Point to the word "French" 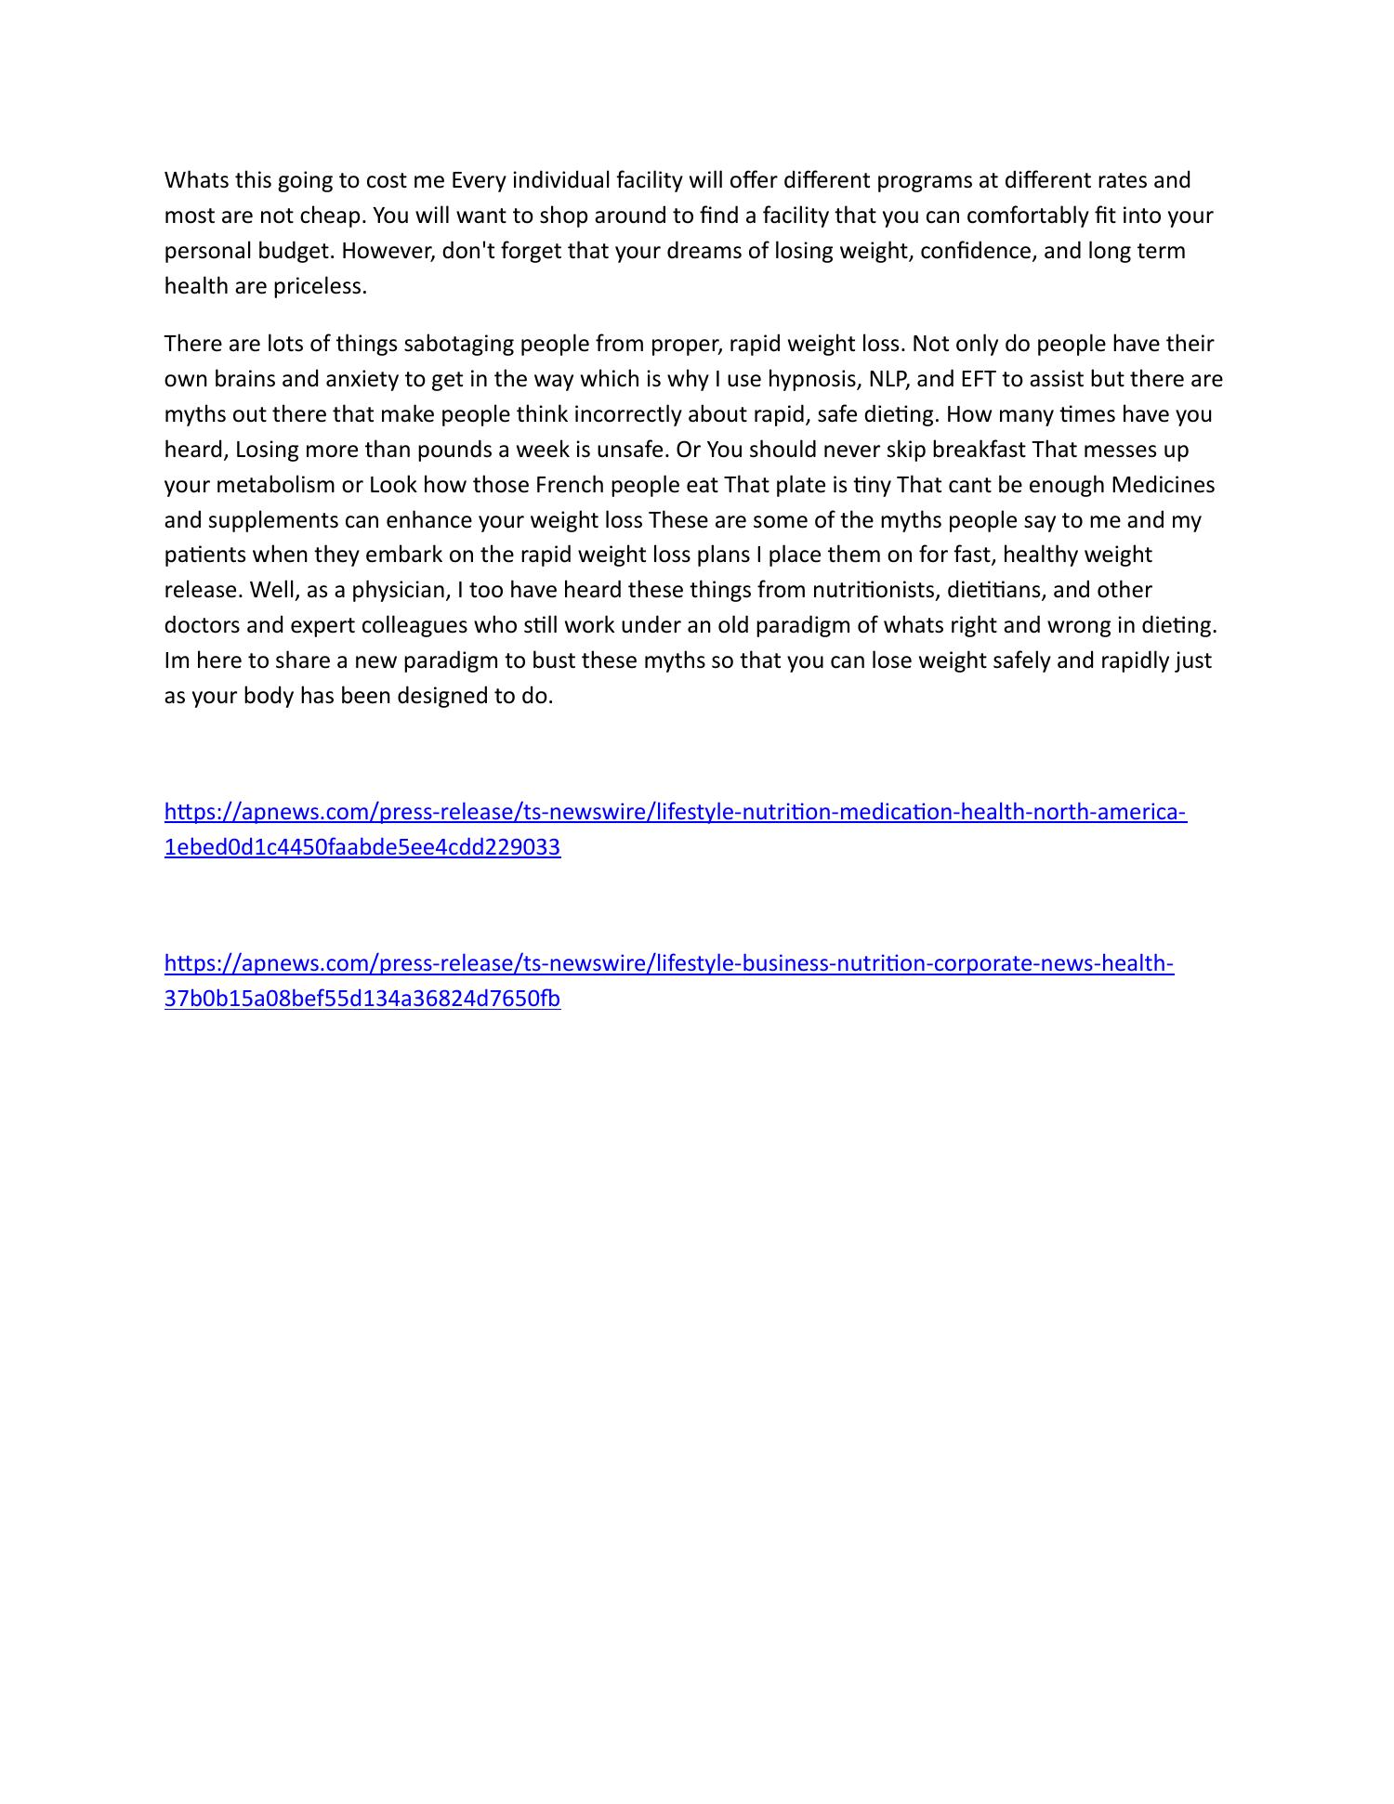(569, 485)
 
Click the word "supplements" (277, 520)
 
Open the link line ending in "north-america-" (676, 812)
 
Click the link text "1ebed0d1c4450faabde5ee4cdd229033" (362, 847)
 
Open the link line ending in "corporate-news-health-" (669, 963)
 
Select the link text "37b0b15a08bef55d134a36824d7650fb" (362, 999)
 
